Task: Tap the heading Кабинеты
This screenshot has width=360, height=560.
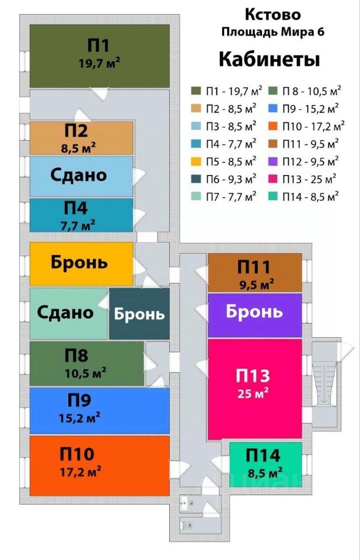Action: pyautogui.click(x=269, y=60)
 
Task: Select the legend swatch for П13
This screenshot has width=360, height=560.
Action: pyautogui.click(x=272, y=178)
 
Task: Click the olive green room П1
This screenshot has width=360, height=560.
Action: pyautogui.click(x=99, y=55)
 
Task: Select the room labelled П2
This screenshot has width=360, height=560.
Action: pyautogui.click(x=81, y=138)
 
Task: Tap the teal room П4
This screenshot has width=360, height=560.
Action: pyautogui.click(x=81, y=215)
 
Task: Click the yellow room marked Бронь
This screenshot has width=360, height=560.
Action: pyautogui.click(x=81, y=264)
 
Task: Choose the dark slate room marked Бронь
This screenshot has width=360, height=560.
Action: pyautogui.click(x=139, y=314)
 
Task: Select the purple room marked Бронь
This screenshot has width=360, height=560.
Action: pyautogui.click(x=255, y=311)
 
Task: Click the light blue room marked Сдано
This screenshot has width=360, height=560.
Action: pyautogui.click(x=81, y=176)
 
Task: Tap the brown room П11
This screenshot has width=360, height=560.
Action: pyautogui.click(x=255, y=272)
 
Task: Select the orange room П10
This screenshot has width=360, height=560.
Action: pyautogui.click(x=99, y=465)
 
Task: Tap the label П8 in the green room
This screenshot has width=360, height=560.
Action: pyautogui.click(x=76, y=355)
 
